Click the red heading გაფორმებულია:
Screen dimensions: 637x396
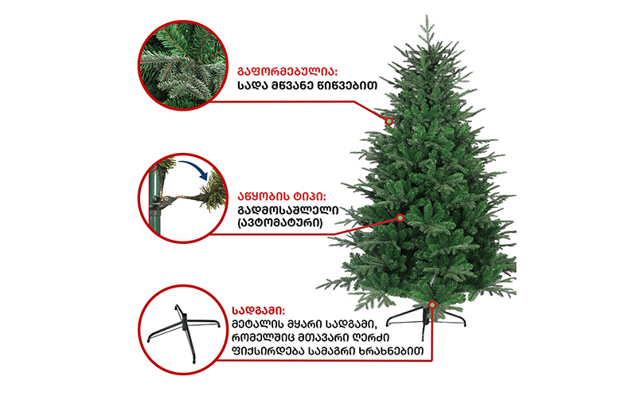[x=287, y=72]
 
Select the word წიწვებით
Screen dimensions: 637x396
[x=350, y=86]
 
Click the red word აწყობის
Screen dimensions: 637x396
[x=265, y=196]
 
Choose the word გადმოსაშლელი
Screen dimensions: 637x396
[x=288, y=210]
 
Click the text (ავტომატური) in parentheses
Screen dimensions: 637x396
[x=280, y=223]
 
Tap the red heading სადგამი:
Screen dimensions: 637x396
[x=258, y=311]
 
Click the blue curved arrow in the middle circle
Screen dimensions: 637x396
[x=194, y=168]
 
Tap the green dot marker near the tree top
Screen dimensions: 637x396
[x=389, y=121]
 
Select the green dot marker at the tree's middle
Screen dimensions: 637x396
[x=401, y=218]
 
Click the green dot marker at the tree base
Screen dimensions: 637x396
[x=432, y=305]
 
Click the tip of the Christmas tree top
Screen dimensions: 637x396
[x=427, y=15]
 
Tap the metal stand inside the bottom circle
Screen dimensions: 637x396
[x=184, y=331]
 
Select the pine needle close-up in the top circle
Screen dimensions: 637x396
[x=183, y=65]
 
